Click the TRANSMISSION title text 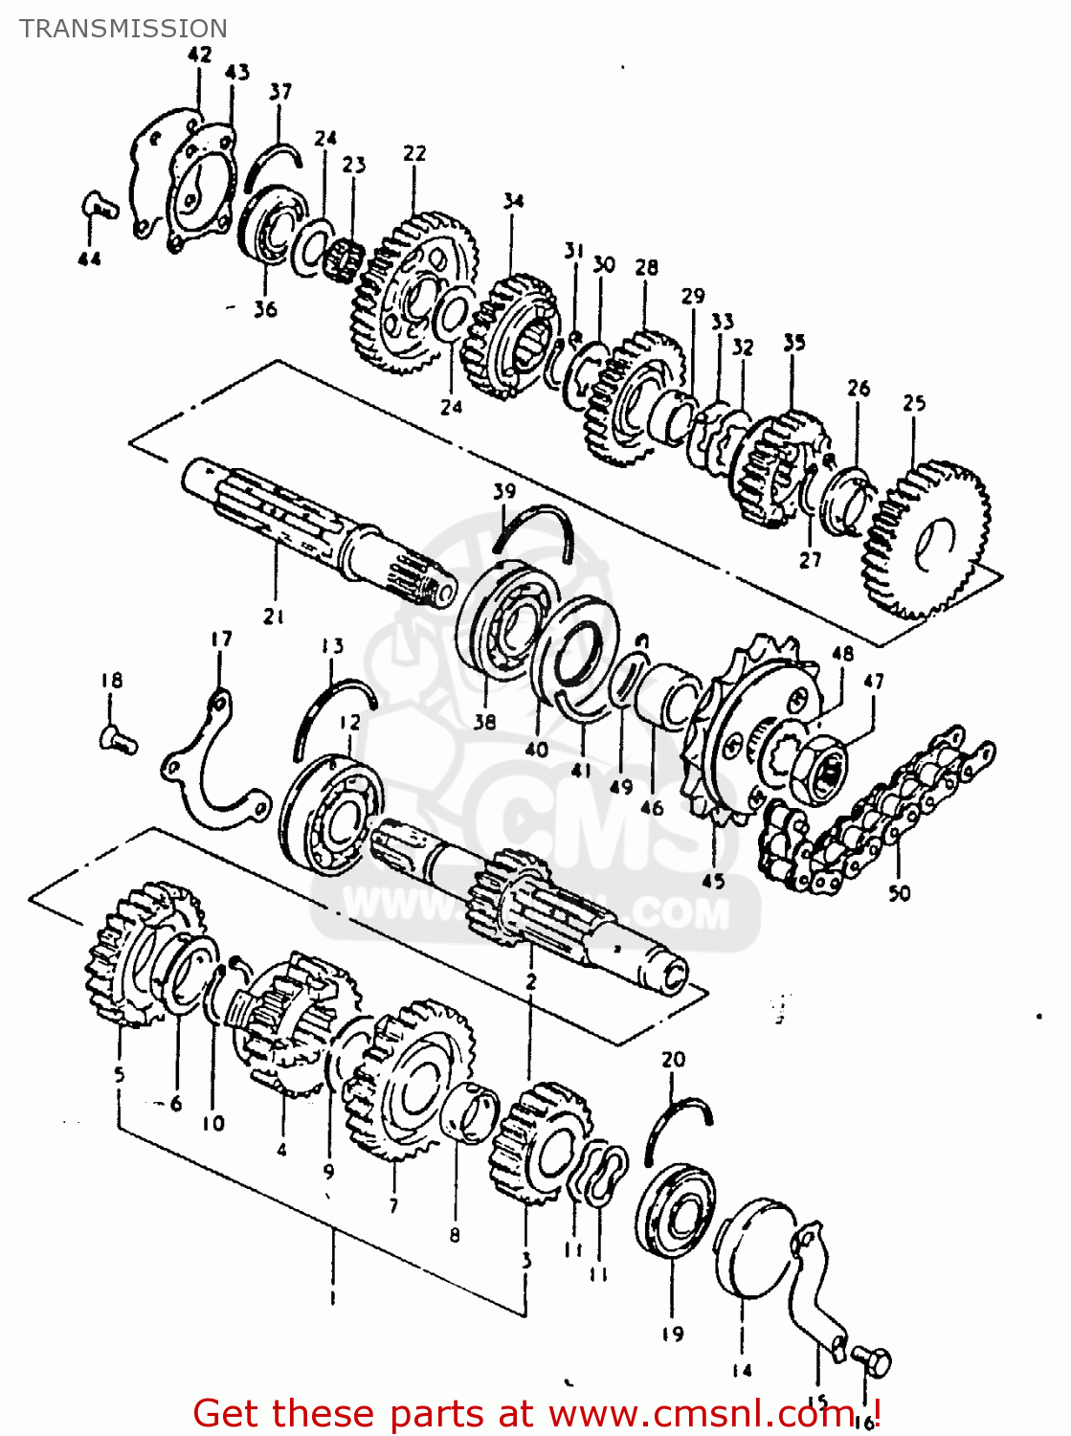pos(123,29)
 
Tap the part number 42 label pos(199,55)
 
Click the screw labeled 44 pos(97,204)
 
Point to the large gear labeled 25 pos(925,541)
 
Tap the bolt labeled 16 pos(872,1359)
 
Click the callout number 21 pos(274,617)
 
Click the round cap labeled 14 pos(755,1247)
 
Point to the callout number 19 pos(672,1334)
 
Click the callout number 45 pos(714,880)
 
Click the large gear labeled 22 pos(414,292)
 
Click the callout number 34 pos(513,201)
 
